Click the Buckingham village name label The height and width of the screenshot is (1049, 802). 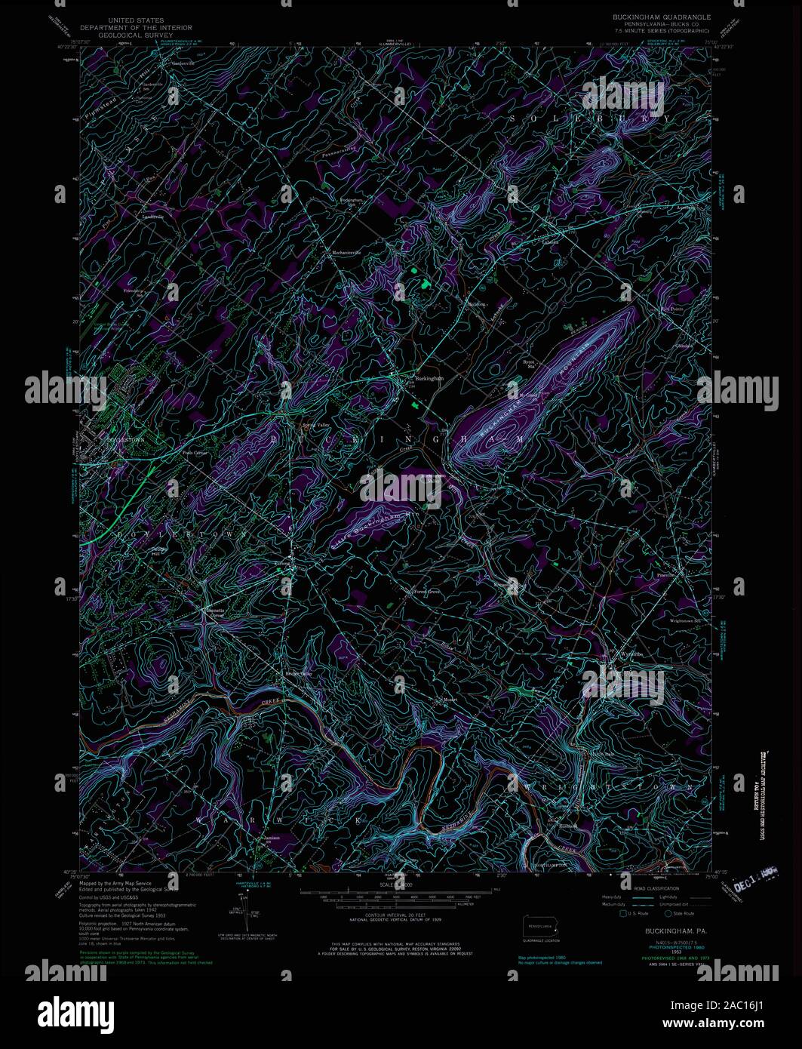coord(429,378)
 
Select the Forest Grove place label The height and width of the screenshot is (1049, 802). coord(426,592)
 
